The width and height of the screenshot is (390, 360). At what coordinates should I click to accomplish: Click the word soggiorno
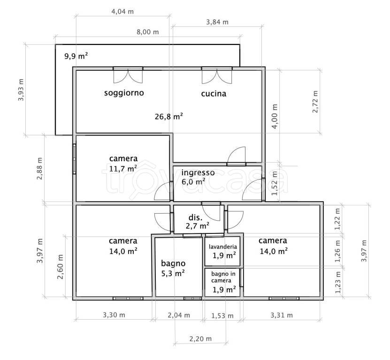[124, 93]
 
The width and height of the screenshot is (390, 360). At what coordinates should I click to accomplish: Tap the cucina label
[214, 94]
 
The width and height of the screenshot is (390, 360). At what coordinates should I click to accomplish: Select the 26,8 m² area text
[169, 116]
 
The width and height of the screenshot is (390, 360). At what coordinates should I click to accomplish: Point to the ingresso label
[198, 172]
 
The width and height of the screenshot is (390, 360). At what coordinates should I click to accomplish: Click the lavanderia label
[223, 247]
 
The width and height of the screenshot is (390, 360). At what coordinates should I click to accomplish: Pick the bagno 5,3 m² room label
[173, 268]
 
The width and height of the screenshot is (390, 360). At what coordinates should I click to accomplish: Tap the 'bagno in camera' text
[223, 277]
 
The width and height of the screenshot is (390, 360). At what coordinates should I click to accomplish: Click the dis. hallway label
[196, 217]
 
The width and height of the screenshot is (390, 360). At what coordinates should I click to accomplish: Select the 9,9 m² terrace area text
[76, 56]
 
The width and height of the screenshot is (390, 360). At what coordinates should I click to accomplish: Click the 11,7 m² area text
[123, 169]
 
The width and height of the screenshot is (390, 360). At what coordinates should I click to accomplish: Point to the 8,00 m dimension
[148, 32]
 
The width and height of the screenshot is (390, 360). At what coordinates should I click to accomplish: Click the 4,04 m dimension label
[122, 11]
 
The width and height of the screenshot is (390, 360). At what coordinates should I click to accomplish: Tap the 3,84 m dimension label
[217, 22]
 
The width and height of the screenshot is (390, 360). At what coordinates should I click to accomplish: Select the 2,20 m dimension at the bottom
[200, 338]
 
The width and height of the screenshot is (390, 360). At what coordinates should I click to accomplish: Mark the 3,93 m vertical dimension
[21, 90]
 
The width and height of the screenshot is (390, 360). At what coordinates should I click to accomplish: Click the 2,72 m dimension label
[315, 102]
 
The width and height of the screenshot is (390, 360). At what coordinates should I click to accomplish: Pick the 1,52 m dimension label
[275, 183]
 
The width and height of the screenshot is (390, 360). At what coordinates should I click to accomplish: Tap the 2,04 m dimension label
[179, 315]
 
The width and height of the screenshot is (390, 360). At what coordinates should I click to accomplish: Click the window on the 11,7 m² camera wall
[74, 158]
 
